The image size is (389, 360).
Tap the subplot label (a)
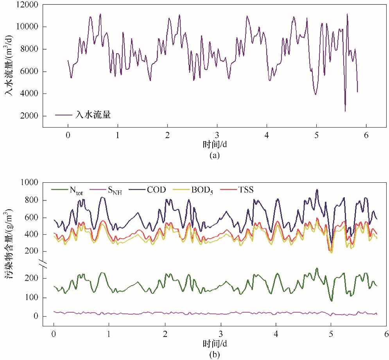click(x=215, y=155)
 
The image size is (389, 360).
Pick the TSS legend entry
click(x=246, y=190)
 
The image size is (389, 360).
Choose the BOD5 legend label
click(x=203, y=190)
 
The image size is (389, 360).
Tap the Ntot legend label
click(x=79, y=190)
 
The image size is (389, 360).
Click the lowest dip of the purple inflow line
click(x=345, y=111)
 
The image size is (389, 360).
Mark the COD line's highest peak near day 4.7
click(x=317, y=189)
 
